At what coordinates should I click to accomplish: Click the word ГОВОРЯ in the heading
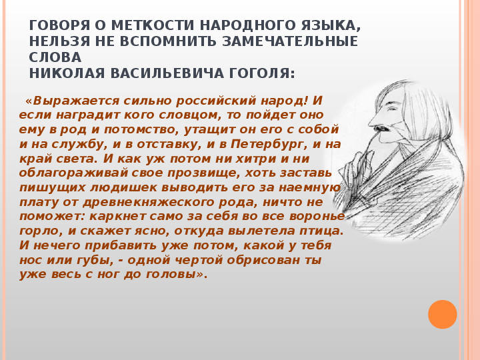click(x=59, y=25)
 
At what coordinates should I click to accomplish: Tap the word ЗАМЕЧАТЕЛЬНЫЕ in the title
click(x=290, y=41)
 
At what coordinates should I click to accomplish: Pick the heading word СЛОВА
click(x=55, y=57)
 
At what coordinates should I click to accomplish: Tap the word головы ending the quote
click(x=175, y=274)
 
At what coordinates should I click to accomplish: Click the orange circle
click(x=443, y=315)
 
